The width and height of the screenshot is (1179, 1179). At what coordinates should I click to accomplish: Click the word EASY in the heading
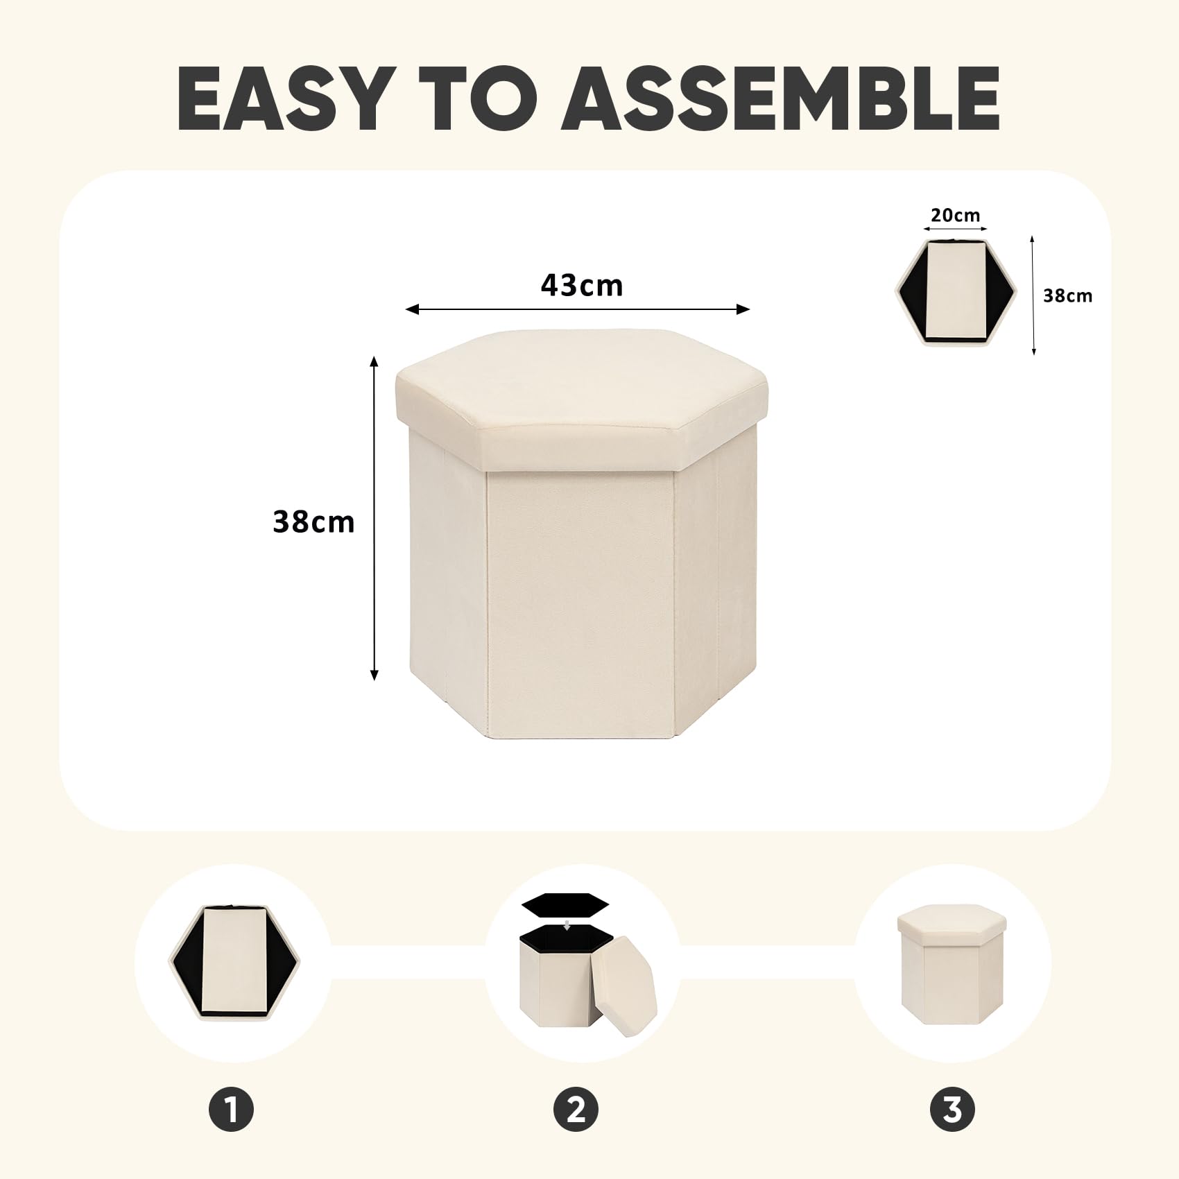pyautogui.click(x=282, y=98)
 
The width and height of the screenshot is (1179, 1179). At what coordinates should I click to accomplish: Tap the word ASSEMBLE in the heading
pyautogui.click(x=780, y=98)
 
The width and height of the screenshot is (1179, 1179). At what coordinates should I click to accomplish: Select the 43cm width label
pyautogui.click(x=582, y=285)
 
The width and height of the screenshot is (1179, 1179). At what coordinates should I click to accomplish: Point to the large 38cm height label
pyautogui.click(x=313, y=522)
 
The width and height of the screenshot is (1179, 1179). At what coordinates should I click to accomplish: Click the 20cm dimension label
pyautogui.click(x=956, y=215)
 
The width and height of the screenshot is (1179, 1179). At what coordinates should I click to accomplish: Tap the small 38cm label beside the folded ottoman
pyautogui.click(x=1067, y=295)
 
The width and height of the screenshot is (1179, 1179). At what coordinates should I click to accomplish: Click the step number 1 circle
pyautogui.click(x=232, y=1109)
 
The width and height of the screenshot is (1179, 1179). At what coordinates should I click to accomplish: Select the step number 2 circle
pyautogui.click(x=576, y=1109)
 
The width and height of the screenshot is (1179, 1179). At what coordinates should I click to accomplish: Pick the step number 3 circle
pyautogui.click(x=952, y=1109)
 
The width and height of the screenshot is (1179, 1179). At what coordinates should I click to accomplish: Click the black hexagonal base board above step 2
pyautogui.click(x=565, y=905)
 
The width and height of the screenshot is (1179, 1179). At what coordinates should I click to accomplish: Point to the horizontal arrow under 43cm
pyautogui.click(x=578, y=309)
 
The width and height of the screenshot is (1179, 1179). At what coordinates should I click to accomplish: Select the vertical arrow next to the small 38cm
pyautogui.click(x=1033, y=295)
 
